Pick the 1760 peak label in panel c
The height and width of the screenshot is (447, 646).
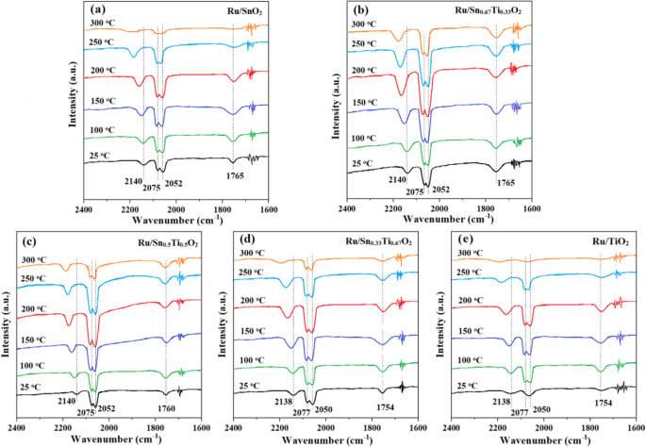[x=167, y=409]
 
